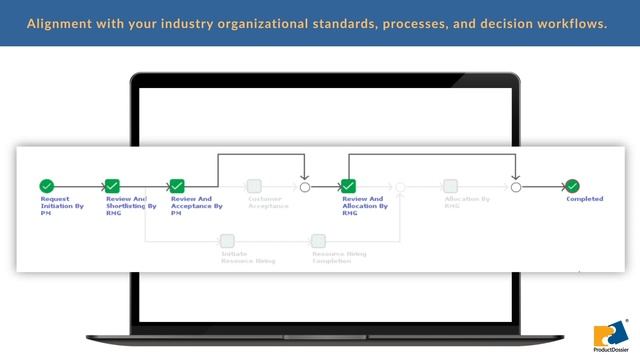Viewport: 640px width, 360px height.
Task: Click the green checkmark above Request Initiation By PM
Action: click(46, 186)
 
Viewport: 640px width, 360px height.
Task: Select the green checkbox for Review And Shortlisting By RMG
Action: click(113, 186)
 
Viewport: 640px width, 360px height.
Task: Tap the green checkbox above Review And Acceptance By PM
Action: click(177, 186)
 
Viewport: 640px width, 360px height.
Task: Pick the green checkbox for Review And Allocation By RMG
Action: click(348, 186)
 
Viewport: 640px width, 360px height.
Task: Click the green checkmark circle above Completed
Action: click(572, 186)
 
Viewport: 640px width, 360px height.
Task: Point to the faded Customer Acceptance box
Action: click(254, 186)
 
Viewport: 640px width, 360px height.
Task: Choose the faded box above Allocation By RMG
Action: click(450, 186)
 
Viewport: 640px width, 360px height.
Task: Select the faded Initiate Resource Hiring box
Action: click(227, 241)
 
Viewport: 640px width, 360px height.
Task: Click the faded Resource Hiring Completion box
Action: click(318, 241)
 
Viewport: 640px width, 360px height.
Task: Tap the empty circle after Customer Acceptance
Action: click(305, 186)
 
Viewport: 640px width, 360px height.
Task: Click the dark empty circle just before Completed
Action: click(516, 186)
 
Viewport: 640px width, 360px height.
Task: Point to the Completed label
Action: click(584, 199)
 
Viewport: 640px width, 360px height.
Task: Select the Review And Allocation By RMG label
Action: click(363, 205)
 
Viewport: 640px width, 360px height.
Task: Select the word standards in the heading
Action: click(341, 22)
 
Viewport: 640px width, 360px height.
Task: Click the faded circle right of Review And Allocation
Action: click(400, 186)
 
